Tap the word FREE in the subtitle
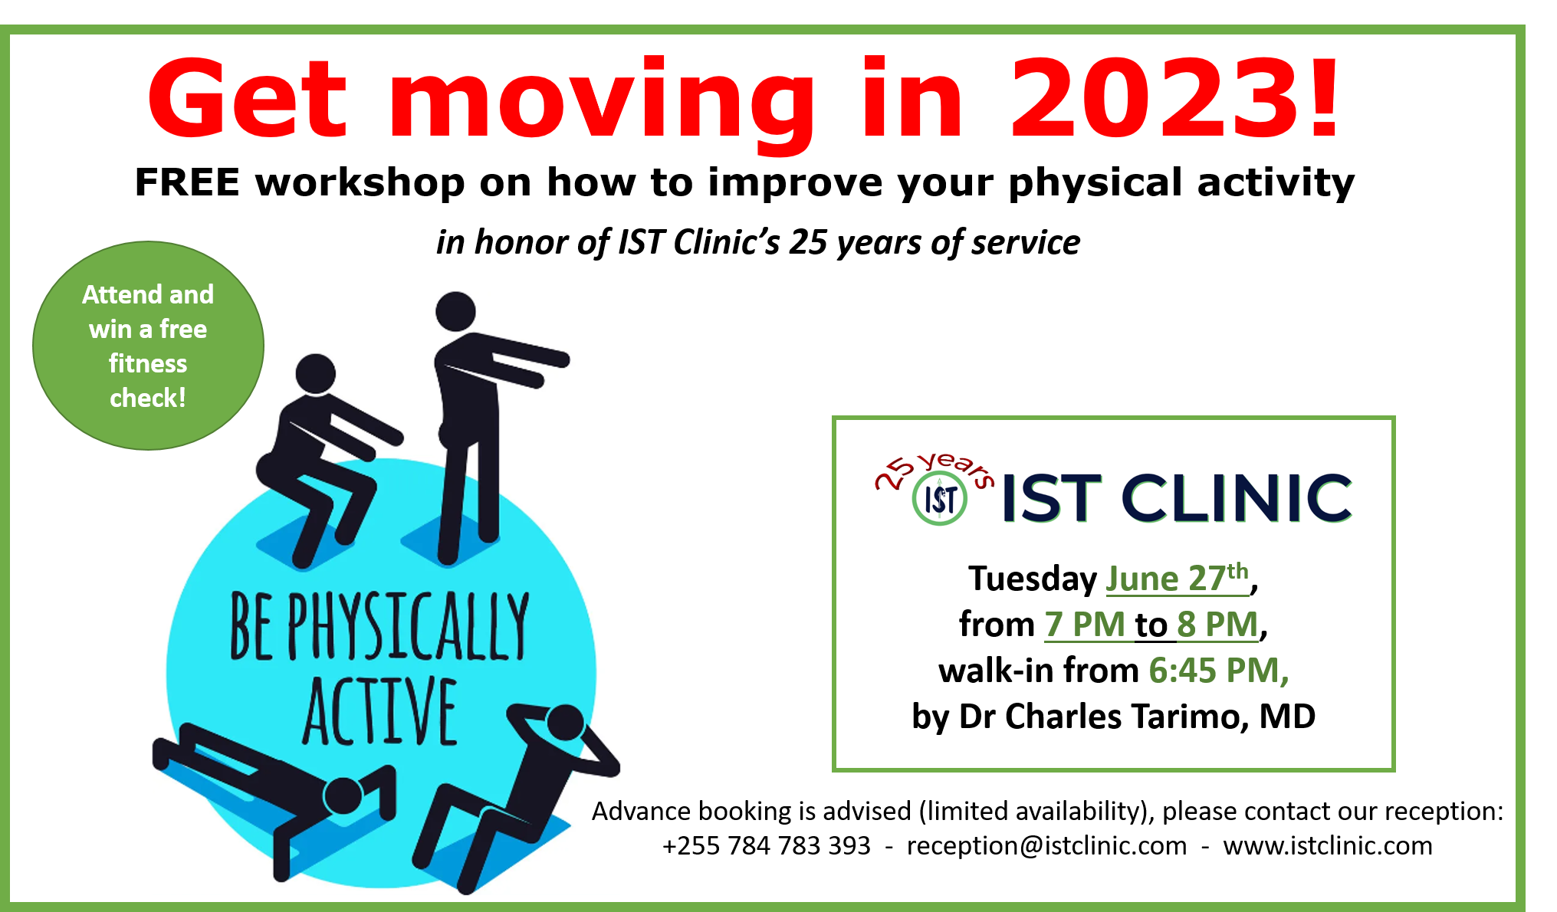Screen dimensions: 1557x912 [x=187, y=182]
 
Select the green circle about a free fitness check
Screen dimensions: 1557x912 [x=148, y=346]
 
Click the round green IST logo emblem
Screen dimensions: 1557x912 [x=940, y=500]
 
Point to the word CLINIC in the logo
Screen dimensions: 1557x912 [x=1237, y=498]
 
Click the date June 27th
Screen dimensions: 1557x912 [x=1178, y=578]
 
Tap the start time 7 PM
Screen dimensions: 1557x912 [x=1085, y=624]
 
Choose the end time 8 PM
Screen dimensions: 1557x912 [x=1218, y=624]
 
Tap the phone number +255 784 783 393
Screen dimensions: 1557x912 [x=767, y=845]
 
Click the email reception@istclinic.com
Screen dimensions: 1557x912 [x=1046, y=845]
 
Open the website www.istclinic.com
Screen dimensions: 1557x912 [x=1328, y=845]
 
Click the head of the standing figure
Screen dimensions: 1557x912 [x=455, y=312]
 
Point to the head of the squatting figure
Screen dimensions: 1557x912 [x=316, y=374]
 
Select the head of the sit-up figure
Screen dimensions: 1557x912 [x=566, y=723]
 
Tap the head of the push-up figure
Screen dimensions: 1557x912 [x=343, y=796]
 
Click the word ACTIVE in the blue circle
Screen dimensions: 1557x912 [x=380, y=711]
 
